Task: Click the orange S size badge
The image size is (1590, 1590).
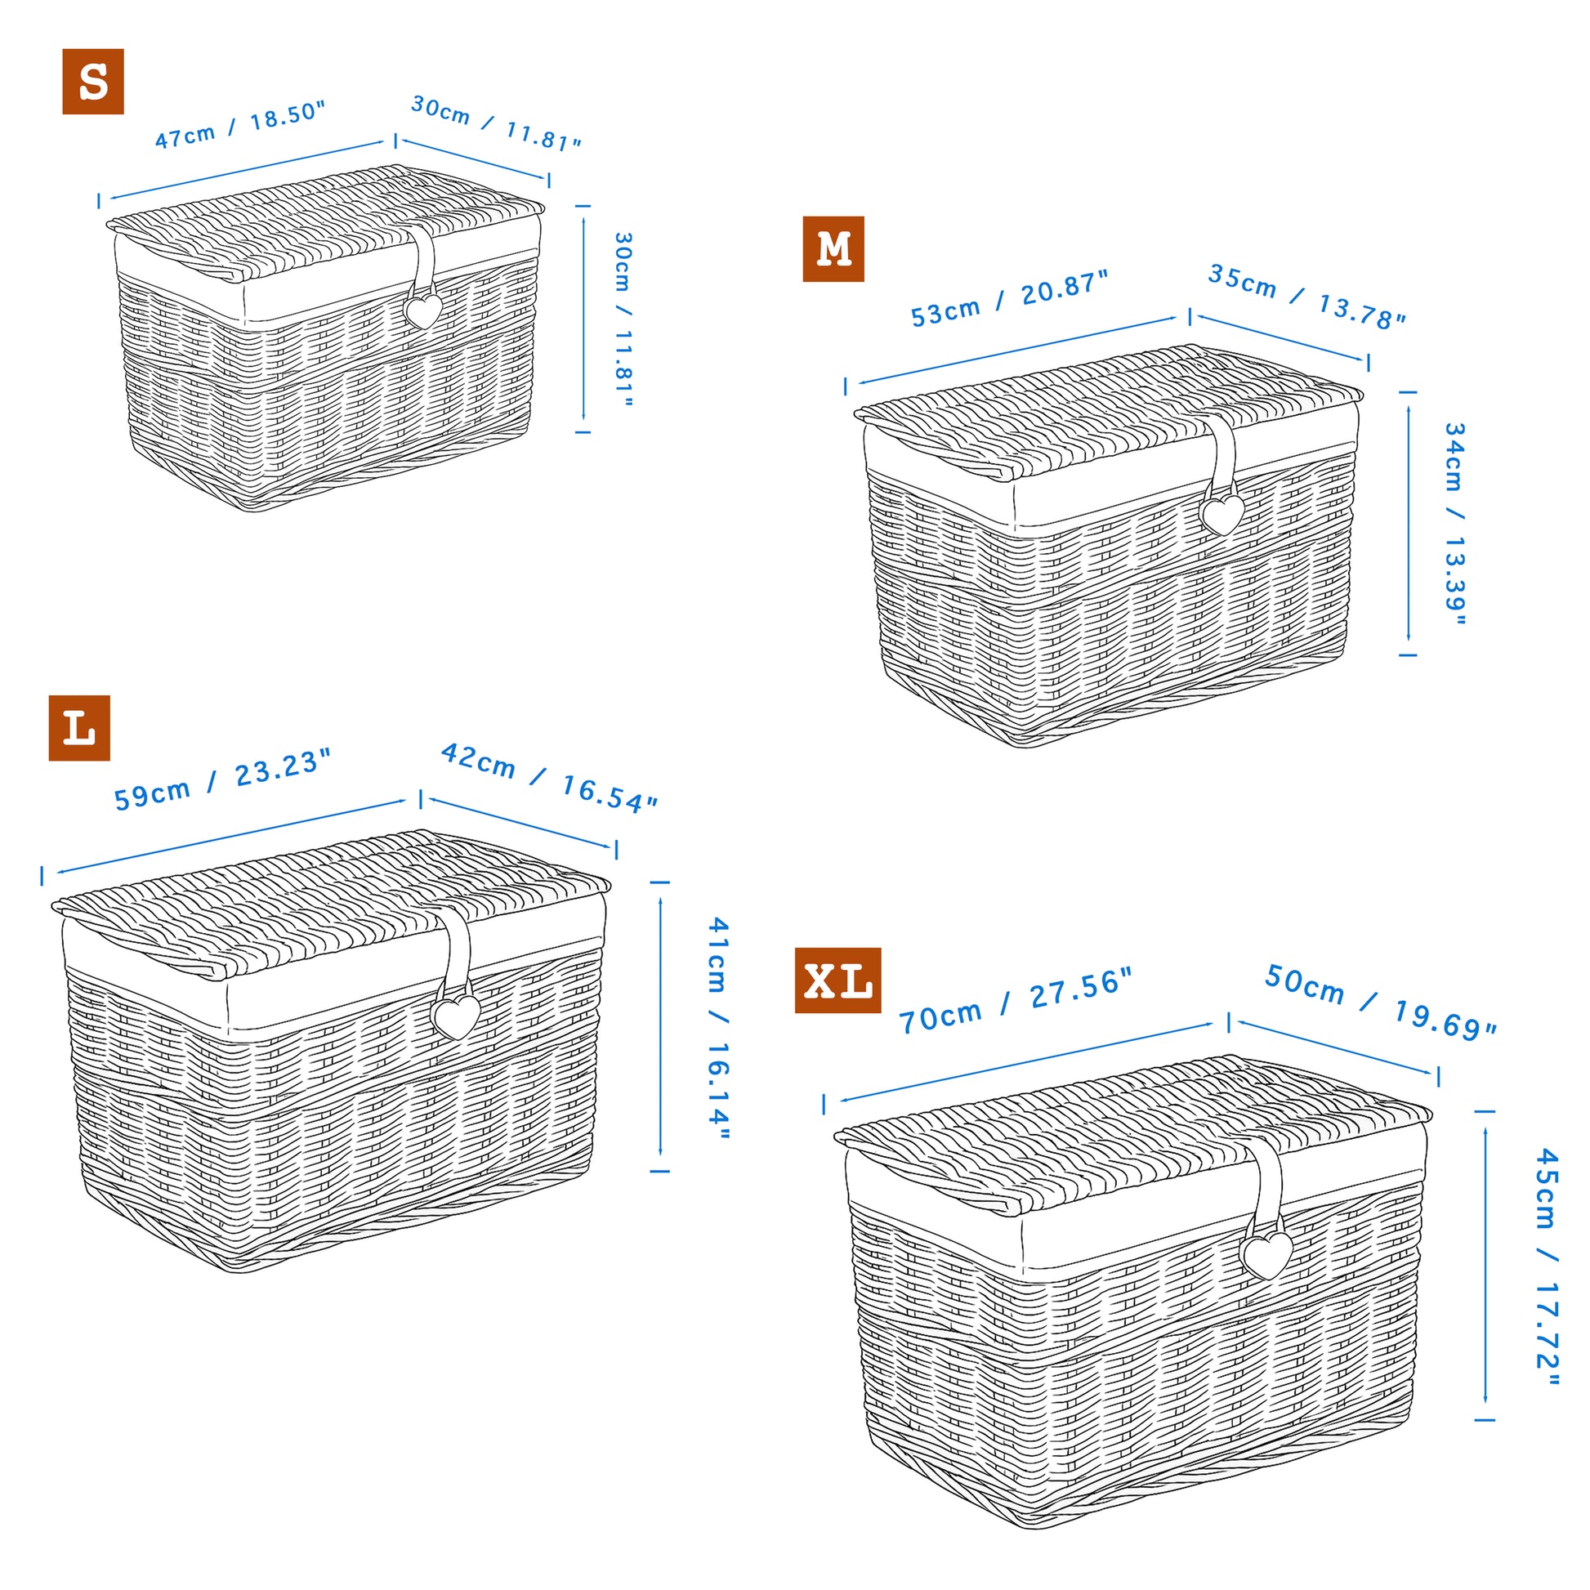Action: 93,82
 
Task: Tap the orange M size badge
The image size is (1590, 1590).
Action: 833,249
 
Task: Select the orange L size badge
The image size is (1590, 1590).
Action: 79,728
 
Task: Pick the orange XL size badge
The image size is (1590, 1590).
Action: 837,980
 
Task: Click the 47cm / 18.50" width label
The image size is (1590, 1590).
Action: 240,125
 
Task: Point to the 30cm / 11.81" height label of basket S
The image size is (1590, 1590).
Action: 623,320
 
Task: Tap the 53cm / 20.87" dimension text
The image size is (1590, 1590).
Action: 1010,298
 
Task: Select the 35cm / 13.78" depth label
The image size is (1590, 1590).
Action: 1307,297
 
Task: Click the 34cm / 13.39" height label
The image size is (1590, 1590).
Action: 1455,525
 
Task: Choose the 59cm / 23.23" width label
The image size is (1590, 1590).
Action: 222,780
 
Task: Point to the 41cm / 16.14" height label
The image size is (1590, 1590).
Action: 718,1029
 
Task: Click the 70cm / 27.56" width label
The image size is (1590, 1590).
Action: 1016,1001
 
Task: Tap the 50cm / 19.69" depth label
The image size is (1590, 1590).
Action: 1380,1003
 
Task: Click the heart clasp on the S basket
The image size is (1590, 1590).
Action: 424,311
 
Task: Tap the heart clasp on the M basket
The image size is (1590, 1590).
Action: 1222,515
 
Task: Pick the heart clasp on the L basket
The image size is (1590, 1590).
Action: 456,1016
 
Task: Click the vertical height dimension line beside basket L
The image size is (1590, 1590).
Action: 660,1026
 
